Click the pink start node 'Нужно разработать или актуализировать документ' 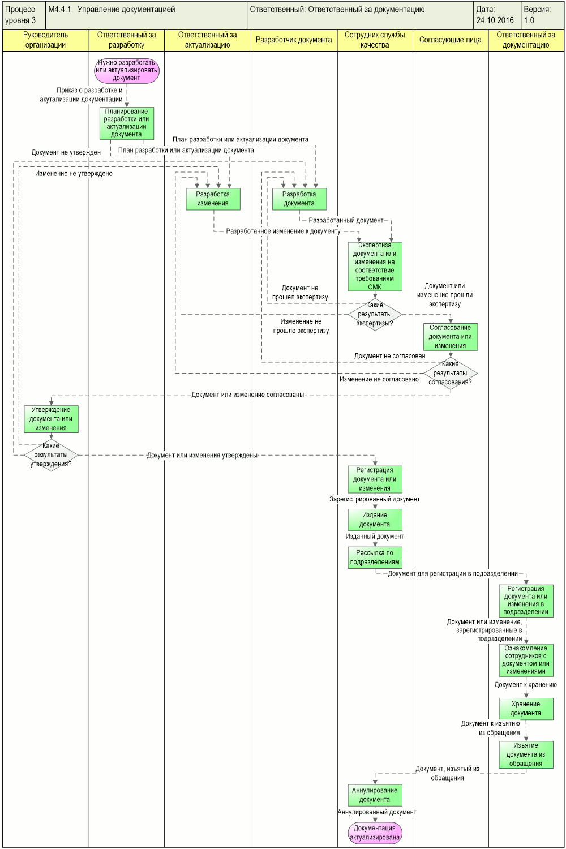[127, 70]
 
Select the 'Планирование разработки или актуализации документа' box [127, 123]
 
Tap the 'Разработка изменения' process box [213, 199]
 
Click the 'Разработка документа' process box [299, 199]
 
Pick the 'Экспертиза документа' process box [375, 267]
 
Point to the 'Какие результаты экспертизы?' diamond [375, 315]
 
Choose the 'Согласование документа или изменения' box [451, 337]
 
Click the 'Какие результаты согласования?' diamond [451, 374]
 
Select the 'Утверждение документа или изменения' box [51, 419]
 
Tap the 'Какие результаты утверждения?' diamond [51, 455]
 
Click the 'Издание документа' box [375, 520]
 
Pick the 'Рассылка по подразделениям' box [375, 558]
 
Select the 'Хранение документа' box [526, 709]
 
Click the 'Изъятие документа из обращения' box [526, 754]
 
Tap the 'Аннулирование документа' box [375, 795]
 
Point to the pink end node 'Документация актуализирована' [375, 833]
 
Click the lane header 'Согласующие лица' [451, 40]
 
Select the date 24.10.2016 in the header [495, 20]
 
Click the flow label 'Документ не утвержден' [66, 152]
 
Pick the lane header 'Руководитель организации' [45, 40]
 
